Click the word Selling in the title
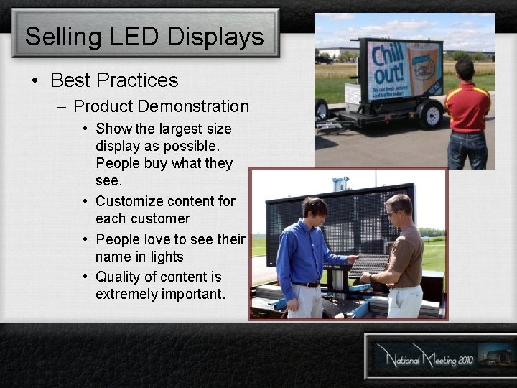57,37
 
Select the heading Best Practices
115,80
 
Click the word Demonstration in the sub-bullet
194,106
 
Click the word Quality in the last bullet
118,277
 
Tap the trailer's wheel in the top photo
431,114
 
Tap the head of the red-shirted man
465,70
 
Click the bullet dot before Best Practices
34,80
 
